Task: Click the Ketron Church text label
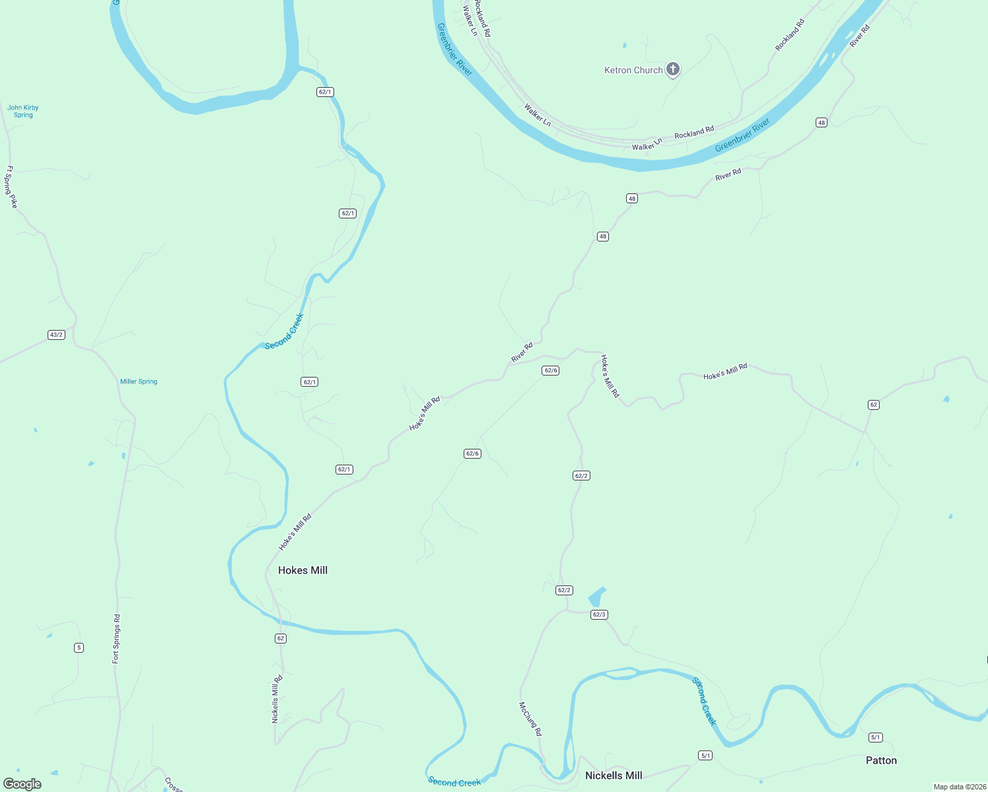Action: click(633, 70)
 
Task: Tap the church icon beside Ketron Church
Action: click(673, 69)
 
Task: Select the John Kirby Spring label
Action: click(23, 111)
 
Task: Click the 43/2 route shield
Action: click(56, 335)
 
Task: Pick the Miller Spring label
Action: click(139, 381)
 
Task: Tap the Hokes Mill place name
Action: click(302, 570)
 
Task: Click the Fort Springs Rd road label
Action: click(116, 638)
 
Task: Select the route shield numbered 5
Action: click(79, 647)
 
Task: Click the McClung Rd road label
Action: click(530, 719)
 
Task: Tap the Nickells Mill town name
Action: click(614, 775)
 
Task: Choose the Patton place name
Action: click(881, 760)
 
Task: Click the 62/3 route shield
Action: click(599, 614)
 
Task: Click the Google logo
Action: click(22, 783)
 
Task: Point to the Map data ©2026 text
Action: click(959, 787)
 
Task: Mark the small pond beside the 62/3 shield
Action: click(596, 597)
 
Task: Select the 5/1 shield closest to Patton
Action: click(876, 737)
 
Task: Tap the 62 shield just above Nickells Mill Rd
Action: click(281, 638)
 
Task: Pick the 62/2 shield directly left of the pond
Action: click(564, 590)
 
